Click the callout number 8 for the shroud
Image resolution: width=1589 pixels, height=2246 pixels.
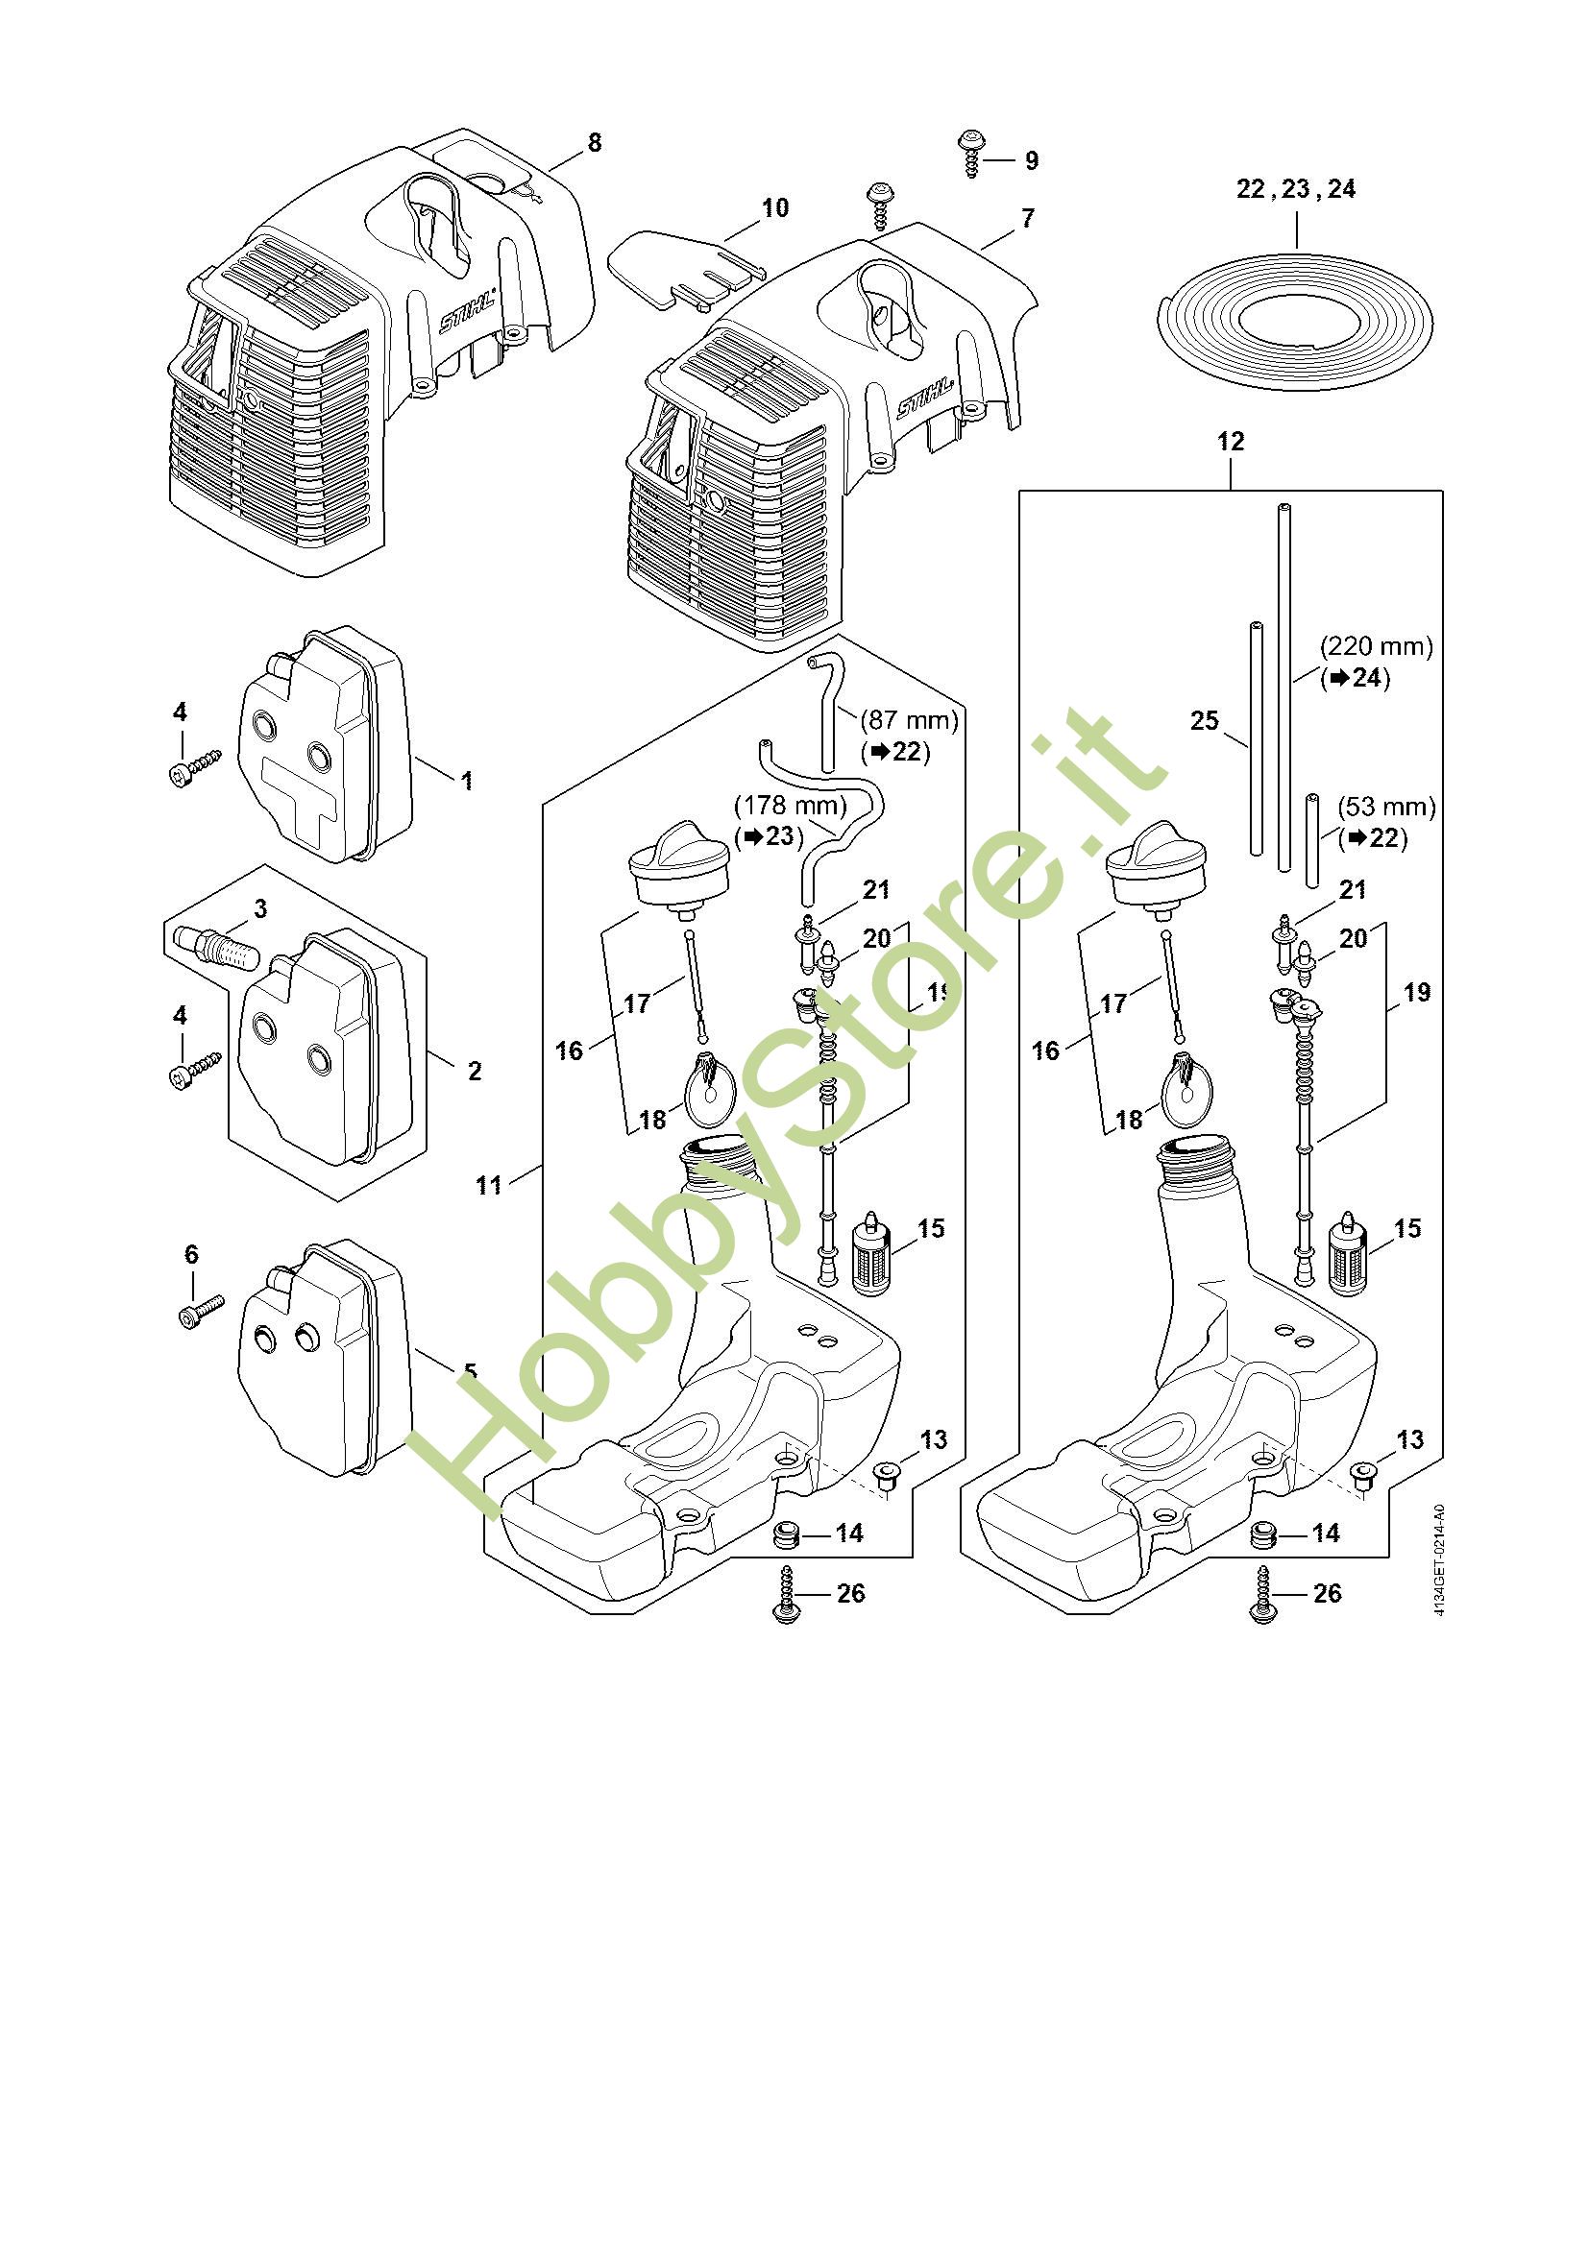coord(594,143)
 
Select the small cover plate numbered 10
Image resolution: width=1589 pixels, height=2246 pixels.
coord(685,265)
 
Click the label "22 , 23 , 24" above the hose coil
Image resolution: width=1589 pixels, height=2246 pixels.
coord(1296,189)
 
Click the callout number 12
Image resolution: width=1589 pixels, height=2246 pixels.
coord(1230,442)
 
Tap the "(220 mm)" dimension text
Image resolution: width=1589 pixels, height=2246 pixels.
coord(1376,646)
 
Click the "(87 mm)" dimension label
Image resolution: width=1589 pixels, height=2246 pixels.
coord(909,720)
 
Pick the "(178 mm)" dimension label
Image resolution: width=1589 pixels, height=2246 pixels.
coord(791,806)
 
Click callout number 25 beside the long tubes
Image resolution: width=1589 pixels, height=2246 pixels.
coord(1205,721)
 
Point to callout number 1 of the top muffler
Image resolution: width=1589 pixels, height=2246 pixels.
coord(467,781)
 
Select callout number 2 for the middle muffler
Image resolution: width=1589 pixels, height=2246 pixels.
coord(475,1072)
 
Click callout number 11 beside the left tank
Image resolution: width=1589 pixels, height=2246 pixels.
coord(488,1186)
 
